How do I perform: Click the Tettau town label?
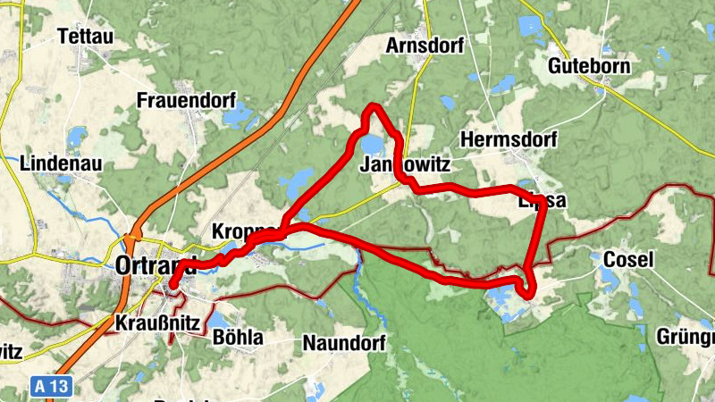pyautogui.click(x=88, y=37)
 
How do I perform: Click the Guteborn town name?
pyautogui.click(x=589, y=66)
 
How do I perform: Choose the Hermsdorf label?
pyautogui.click(x=508, y=140)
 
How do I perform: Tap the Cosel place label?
pyautogui.click(x=628, y=260)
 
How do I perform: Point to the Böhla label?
pyautogui.click(x=238, y=338)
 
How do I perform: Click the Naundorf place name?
pyautogui.click(x=343, y=342)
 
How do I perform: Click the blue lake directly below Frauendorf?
pyautogui.click(x=238, y=115)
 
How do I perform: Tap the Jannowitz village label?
pyautogui.click(x=403, y=166)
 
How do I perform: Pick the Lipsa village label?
pyautogui.click(x=542, y=201)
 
